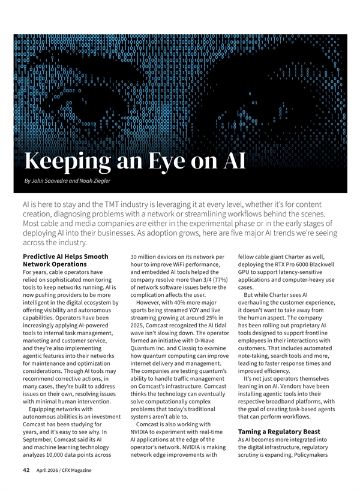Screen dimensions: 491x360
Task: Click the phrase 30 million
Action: [x=146, y=257]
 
